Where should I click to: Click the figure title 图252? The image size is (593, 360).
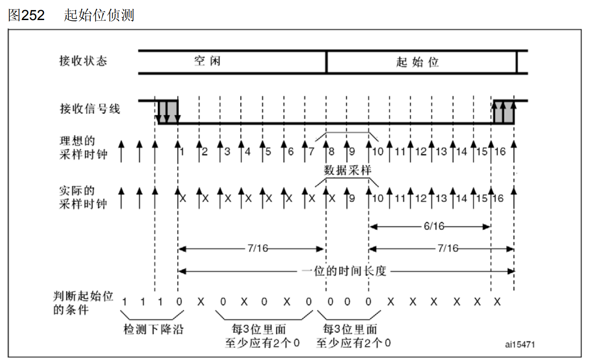[26, 15]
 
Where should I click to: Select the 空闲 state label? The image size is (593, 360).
[207, 61]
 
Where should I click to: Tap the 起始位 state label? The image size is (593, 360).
[417, 62]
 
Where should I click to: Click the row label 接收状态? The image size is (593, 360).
[83, 61]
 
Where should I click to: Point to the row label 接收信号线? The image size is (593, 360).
[90, 109]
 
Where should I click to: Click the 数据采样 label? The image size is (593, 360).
[347, 170]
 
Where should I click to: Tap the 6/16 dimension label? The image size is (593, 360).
[434, 226]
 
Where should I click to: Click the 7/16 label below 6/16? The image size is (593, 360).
[448, 248]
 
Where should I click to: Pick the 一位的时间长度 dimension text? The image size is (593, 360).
[344, 271]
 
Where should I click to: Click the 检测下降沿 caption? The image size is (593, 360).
[153, 329]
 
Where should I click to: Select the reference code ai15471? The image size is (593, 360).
[520, 344]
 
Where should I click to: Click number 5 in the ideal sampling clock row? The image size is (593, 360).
[268, 152]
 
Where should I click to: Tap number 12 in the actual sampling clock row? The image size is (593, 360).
[421, 198]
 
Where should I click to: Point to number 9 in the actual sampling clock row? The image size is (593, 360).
[352, 198]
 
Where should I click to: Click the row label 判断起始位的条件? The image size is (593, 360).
[83, 303]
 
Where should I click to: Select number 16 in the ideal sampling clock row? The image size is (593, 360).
[500, 152]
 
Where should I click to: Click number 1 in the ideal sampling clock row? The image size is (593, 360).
[182, 152]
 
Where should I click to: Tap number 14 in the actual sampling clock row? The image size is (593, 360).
[461, 198]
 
